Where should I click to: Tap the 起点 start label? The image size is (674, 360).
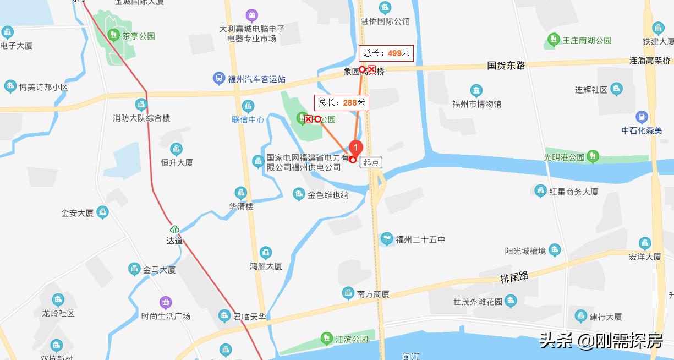(371, 162)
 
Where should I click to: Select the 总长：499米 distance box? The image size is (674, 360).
(386, 53)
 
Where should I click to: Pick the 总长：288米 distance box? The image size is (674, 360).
(342, 102)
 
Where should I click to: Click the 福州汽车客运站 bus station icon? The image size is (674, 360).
(219, 79)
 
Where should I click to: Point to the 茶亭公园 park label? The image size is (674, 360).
(139, 36)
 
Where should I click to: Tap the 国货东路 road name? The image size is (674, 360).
(506, 66)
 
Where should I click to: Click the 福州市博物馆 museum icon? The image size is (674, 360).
(476, 90)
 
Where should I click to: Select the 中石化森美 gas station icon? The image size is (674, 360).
(642, 117)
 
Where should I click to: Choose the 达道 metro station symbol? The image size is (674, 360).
(174, 230)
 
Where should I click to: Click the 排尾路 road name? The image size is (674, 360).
(514, 277)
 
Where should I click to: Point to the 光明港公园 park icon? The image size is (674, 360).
(593, 156)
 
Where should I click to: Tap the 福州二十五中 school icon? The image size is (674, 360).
(387, 239)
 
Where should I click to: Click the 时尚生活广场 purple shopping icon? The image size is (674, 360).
(166, 303)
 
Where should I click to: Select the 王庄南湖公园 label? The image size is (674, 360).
(587, 40)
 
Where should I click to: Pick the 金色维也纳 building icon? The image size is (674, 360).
(299, 194)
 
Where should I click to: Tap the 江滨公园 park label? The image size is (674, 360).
(352, 339)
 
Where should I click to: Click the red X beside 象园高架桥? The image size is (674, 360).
(372, 69)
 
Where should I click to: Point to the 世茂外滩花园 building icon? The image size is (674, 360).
(511, 301)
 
